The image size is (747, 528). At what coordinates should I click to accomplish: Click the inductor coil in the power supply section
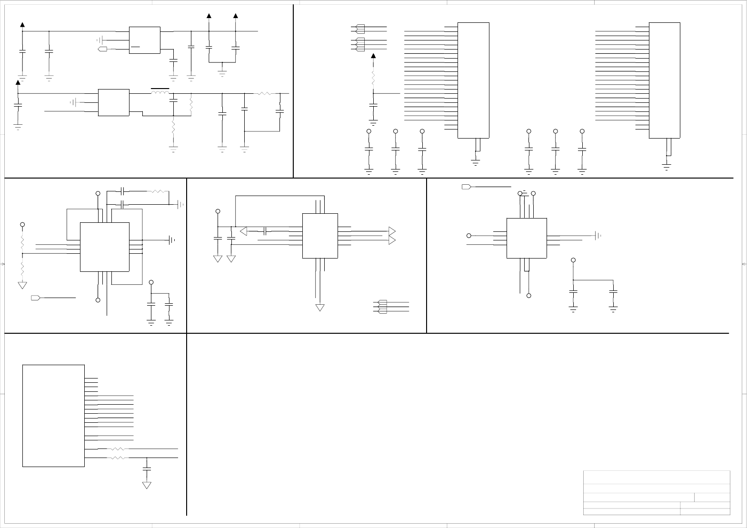tap(160, 92)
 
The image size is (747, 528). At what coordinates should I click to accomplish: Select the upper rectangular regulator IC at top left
tap(145, 40)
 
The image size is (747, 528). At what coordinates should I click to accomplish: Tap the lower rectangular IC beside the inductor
tap(113, 102)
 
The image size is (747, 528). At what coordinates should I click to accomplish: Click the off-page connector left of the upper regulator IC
tap(102, 49)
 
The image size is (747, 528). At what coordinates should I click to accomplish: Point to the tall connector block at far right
tap(664, 80)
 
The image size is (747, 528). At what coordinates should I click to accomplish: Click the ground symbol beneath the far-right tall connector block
tap(667, 167)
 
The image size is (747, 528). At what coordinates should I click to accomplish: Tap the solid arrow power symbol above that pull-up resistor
tap(373, 57)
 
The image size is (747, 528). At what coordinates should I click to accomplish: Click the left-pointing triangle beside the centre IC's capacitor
tap(244, 231)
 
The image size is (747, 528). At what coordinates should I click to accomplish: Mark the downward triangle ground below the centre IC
tap(320, 308)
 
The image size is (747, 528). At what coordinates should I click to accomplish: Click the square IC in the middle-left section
tap(105, 247)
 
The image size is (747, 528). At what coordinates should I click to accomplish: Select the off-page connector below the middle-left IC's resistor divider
tap(35, 298)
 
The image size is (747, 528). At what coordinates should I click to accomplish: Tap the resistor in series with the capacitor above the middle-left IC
tap(157, 191)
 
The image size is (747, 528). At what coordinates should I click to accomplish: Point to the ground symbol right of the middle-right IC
tap(598, 235)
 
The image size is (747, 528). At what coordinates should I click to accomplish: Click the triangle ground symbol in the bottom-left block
tap(147, 485)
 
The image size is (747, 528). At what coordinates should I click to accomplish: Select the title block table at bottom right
tap(657, 493)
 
